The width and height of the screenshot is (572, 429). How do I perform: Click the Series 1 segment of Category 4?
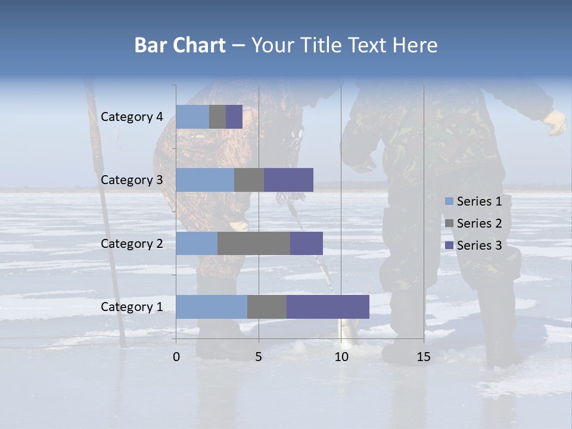coord(192,117)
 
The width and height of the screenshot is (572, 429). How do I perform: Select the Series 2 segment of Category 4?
coord(217,117)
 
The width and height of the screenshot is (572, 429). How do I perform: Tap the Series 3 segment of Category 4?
coord(234,117)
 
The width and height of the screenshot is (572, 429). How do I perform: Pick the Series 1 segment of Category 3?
coord(205,180)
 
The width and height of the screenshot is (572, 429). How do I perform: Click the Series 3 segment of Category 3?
coord(288,180)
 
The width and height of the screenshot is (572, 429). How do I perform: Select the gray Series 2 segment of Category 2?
coord(254,243)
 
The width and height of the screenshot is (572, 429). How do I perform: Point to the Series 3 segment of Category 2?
coord(306,243)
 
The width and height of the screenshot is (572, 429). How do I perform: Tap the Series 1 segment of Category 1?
coord(212,307)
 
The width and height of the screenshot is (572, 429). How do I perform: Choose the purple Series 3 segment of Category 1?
coord(328,307)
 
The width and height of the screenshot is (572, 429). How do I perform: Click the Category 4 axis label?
coord(132,117)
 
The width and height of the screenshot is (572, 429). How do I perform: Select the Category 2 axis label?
coord(132,243)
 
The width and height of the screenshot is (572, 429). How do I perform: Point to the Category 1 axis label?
coord(132,307)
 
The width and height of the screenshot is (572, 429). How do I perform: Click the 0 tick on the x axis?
coord(176,357)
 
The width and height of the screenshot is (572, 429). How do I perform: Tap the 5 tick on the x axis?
coord(259,357)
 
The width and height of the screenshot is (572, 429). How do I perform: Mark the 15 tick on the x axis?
coord(424,357)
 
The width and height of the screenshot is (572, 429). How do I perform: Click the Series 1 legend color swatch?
coord(449,201)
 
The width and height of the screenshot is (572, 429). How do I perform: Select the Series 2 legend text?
coord(479,223)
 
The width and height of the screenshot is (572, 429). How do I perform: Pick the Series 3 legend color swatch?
coord(449,245)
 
